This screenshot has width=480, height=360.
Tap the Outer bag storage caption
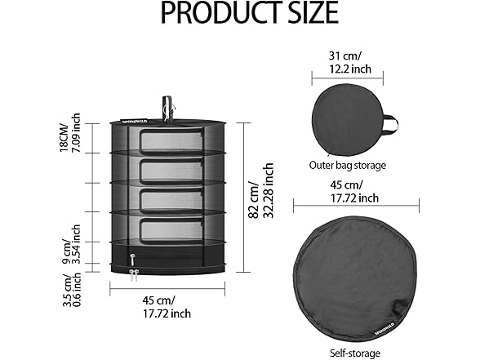(347, 165)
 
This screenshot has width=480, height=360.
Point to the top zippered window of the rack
(171, 141)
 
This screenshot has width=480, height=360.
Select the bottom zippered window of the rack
(171, 230)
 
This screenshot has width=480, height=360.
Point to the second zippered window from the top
(171, 171)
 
